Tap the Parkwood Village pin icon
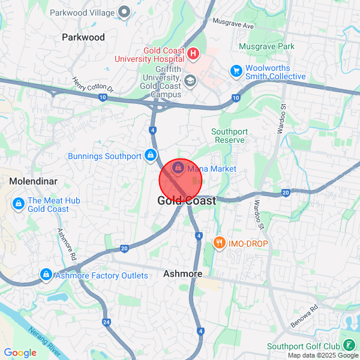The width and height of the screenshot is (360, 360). pos(125,11)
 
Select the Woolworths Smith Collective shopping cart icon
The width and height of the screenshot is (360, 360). pos(236,71)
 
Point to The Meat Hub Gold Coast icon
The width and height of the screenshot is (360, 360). pos(18,205)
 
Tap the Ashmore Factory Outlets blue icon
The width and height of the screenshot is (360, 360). pos(46,275)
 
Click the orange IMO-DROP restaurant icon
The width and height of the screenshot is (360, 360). pos(218,243)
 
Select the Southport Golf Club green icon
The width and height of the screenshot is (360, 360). pos(349,346)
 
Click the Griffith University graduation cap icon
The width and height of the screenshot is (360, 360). pos(190,81)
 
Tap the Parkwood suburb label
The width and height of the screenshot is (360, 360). pos(83,37)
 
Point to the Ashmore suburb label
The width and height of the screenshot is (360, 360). pos(182,274)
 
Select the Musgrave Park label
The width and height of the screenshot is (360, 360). pos(266,46)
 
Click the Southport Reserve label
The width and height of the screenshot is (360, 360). pos(228,136)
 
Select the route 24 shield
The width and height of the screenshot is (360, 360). pos(106,323)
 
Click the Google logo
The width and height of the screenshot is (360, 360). pos(20,353)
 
